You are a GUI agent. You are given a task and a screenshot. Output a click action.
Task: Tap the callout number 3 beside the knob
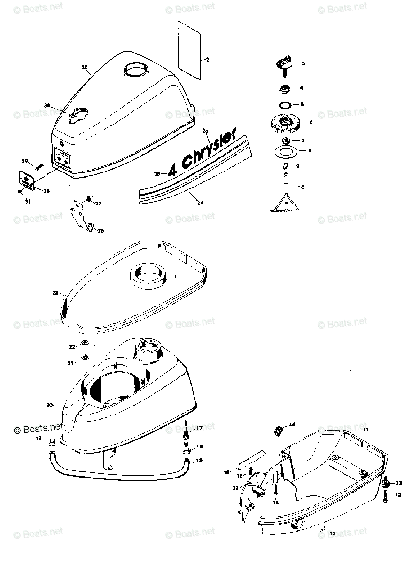(303, 63)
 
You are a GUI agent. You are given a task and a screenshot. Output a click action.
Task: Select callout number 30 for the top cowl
(85, 68)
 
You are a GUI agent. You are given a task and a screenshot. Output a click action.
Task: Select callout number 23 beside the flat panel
(55, 293)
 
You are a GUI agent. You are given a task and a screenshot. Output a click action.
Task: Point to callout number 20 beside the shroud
(50, 405)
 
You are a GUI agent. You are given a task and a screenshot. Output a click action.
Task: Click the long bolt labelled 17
(187, 433)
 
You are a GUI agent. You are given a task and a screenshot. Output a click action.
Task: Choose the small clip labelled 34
(278, 429)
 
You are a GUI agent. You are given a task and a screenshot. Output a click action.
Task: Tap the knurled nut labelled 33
(386, 483)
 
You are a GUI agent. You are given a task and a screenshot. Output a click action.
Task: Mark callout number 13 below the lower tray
(333, 533)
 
